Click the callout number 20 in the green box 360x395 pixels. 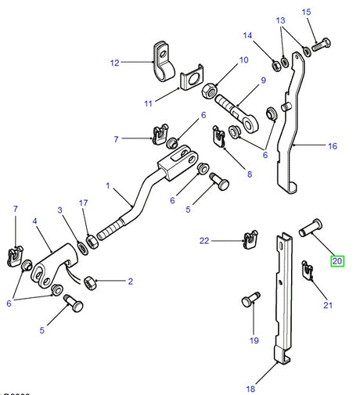(337, 260)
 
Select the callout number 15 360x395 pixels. (307, 12)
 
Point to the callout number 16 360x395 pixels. (331, 145)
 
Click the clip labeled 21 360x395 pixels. (308, 271)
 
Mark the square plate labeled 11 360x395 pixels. (189, 81)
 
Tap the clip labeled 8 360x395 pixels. (221, 139)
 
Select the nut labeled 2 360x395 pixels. (91, 280)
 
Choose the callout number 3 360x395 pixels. (59, 210)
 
